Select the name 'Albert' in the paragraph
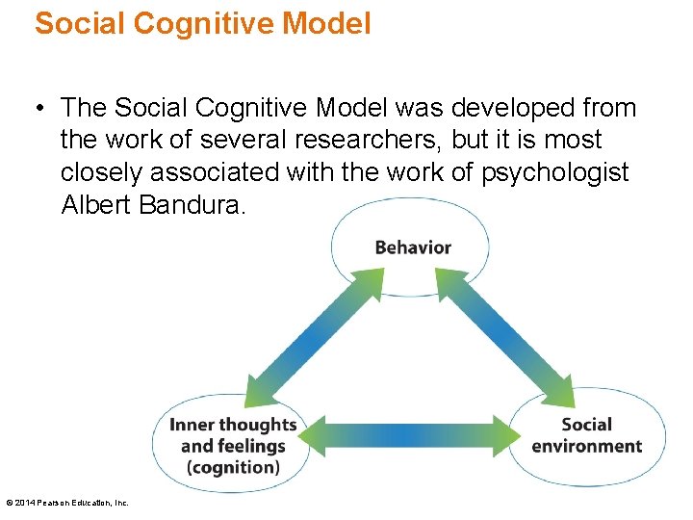coord(93,205)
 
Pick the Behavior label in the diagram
coord(413,247)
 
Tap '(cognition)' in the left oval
coord(233,468)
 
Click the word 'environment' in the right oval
coord(586,447)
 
